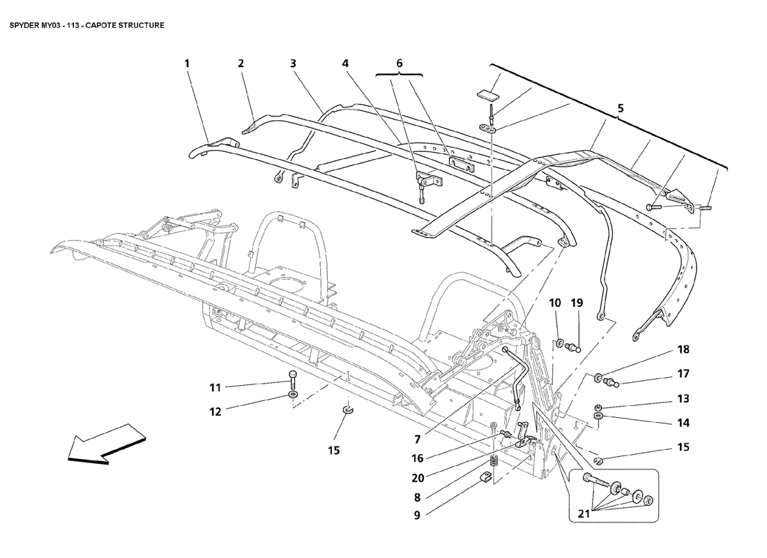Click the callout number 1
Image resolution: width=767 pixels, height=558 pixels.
point(187,63)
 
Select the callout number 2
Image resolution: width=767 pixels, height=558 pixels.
point(241,63)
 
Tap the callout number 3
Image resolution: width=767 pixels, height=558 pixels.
point(294,63)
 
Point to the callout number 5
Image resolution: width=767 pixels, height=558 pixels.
point(621,108)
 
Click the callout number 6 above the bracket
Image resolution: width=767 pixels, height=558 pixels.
point(400,63)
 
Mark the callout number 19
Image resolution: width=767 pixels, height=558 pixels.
point(577,303)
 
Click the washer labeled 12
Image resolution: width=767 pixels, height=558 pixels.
point(294,397)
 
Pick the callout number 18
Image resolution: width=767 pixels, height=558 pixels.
point(682,349)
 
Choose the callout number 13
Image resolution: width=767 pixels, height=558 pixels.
point(682,399)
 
